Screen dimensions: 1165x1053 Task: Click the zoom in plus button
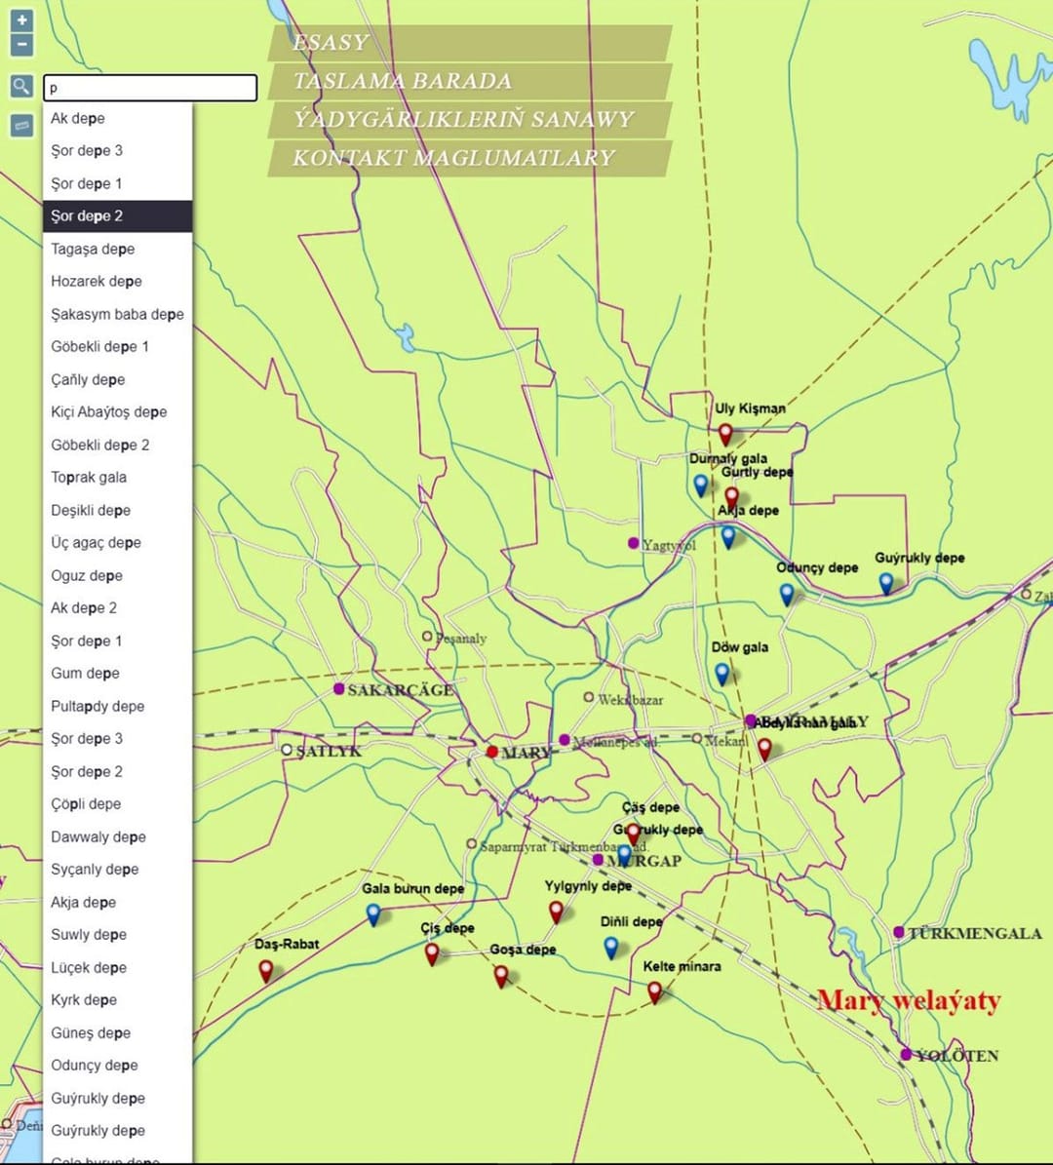click(21, 19)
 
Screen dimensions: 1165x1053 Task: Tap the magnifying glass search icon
click(21, 87)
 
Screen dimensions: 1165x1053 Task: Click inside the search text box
click(150, 88)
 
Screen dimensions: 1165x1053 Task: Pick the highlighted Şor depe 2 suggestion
click(117, 216)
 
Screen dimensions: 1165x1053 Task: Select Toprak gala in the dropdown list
click(89, 478)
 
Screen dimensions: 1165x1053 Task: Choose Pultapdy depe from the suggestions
click(97, 706)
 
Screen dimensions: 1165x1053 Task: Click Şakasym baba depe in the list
click(117, 314)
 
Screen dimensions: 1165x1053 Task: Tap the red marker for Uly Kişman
click(724, 434)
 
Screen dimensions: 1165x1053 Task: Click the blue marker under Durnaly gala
click(700, 484)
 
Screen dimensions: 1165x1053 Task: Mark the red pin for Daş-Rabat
click(266, 971)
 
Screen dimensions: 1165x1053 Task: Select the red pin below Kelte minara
click(654, 991)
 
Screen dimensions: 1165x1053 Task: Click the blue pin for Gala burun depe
click(373, 913)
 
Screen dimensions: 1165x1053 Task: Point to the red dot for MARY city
click(492, 752)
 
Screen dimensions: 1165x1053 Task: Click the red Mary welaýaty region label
click(909, 1000)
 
